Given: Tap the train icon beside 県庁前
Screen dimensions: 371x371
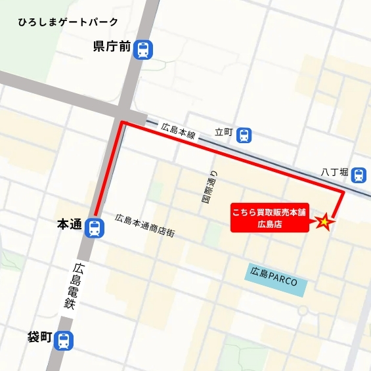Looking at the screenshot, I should [x=142, y=48].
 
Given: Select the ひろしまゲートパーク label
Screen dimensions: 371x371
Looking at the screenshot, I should [x=68, y=22].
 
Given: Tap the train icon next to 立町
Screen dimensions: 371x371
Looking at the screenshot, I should [x=244, y=135].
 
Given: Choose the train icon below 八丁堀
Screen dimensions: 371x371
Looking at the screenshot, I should [x=359, y=175].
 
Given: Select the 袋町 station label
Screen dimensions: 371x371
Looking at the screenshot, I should [x=39, y=338].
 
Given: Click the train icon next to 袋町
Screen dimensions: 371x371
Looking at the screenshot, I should [x=64, y=340].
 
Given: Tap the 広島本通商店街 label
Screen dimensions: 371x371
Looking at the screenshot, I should [x=144, y=225].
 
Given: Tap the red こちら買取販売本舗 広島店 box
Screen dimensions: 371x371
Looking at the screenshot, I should [x=269, y=218].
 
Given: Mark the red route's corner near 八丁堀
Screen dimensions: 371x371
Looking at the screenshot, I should [x=343, y=192].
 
